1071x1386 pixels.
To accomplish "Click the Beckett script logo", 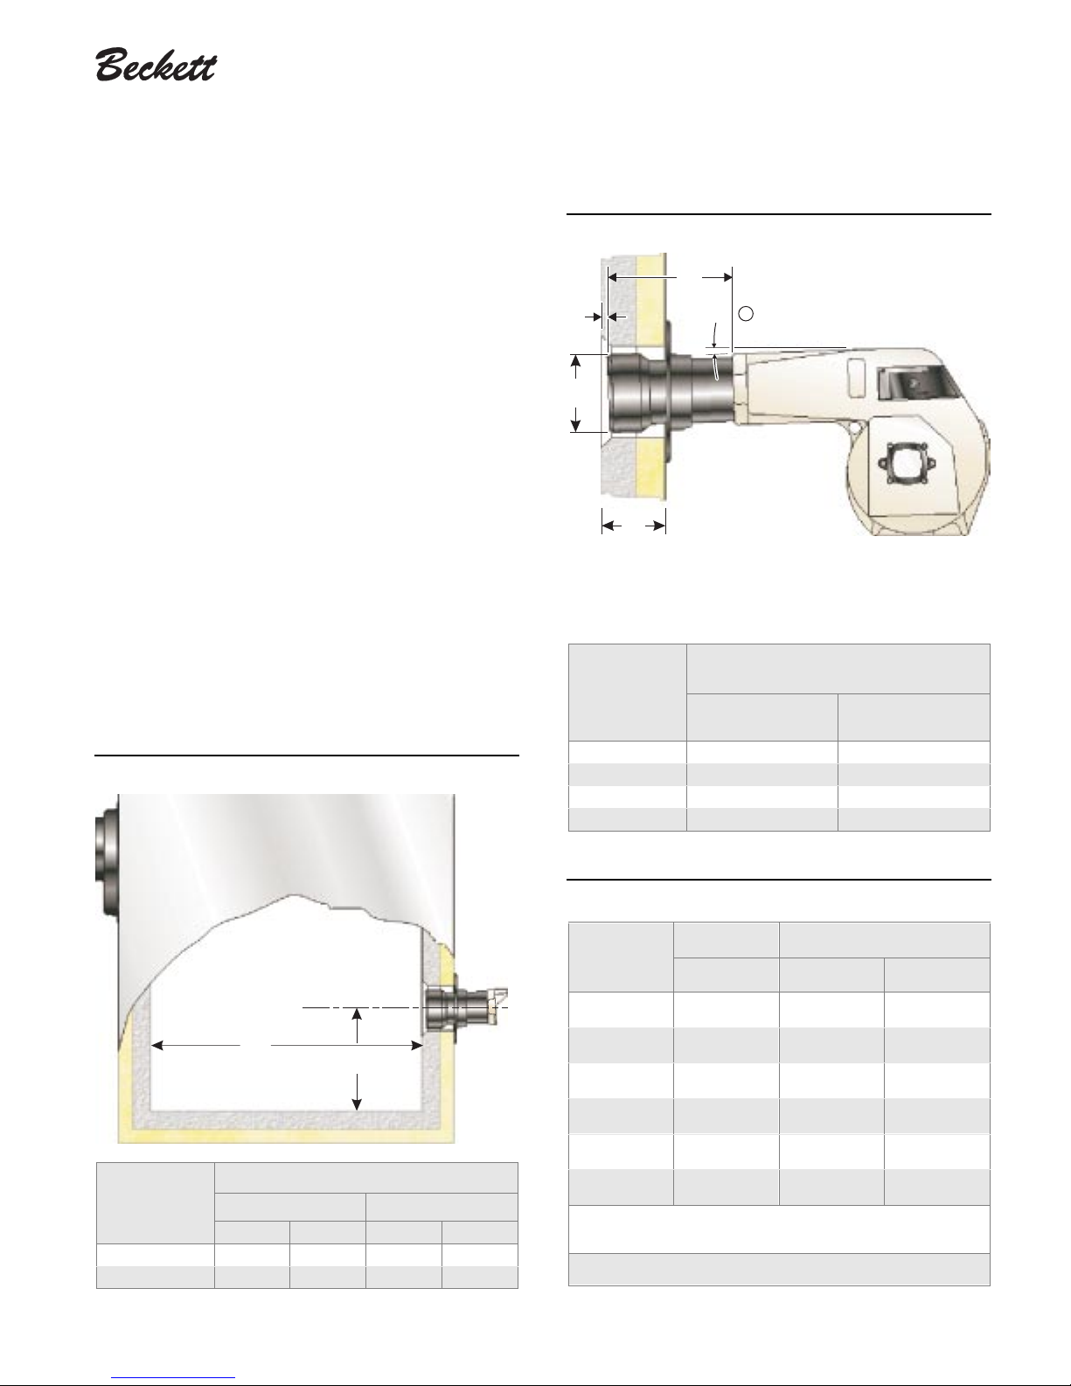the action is click(156, 65).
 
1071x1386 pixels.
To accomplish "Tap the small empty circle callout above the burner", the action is click(746, 313).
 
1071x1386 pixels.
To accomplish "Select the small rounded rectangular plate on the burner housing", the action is click(858, 379).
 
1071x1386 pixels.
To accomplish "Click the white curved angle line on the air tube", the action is click(717, 367).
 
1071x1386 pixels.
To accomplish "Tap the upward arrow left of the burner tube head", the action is click(576, 366).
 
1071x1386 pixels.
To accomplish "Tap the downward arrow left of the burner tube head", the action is click(576, 419).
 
